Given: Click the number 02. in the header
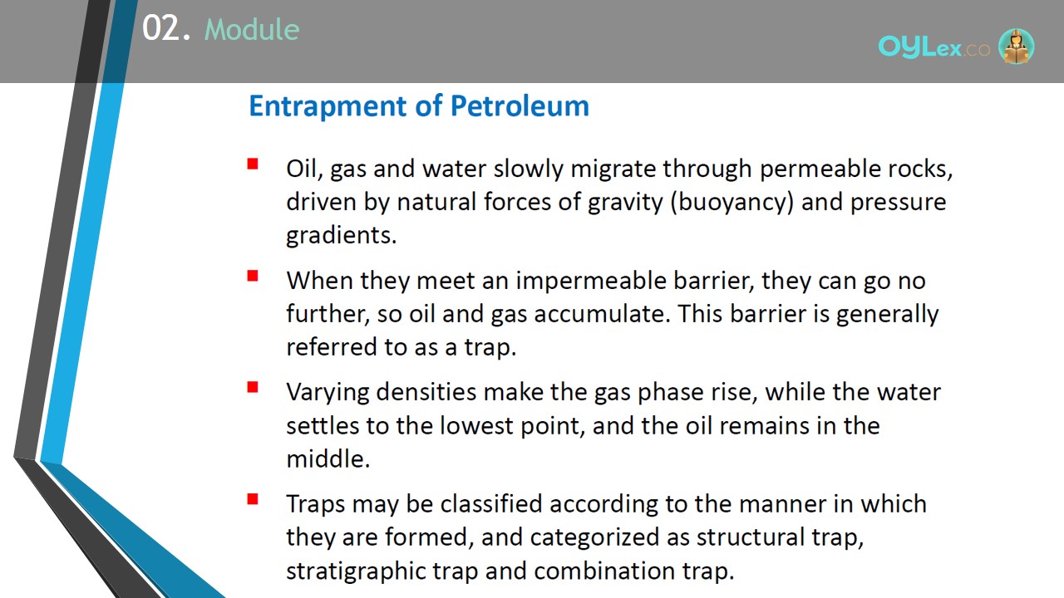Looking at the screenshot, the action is coord(166,28).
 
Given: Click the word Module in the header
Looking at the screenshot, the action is coord(252,29).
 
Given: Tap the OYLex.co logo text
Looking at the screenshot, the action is coord(933,47).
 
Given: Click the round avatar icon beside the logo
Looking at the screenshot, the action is coord(1016,46).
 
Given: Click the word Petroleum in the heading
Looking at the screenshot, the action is coord(520,105).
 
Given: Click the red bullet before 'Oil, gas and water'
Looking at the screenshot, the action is coord(253,164).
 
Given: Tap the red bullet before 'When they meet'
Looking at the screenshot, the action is coord(253,276).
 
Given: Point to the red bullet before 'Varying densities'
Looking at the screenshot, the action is coord(253,387).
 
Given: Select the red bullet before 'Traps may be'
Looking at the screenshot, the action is coord(253,499).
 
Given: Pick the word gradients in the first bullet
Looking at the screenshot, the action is coord(341,236).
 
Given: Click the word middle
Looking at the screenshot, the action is coord(328,459).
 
